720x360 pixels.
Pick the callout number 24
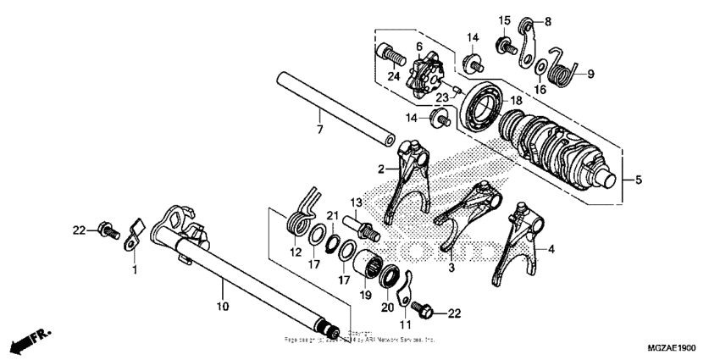coord(392,75)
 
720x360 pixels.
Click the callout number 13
coord(356,202)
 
